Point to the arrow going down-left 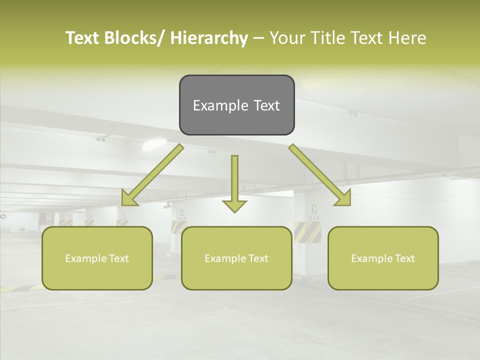tap(152, 175)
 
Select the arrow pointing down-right tap(320, 175)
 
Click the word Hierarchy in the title tap(208, 38)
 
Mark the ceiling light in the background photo tap(154, 145)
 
